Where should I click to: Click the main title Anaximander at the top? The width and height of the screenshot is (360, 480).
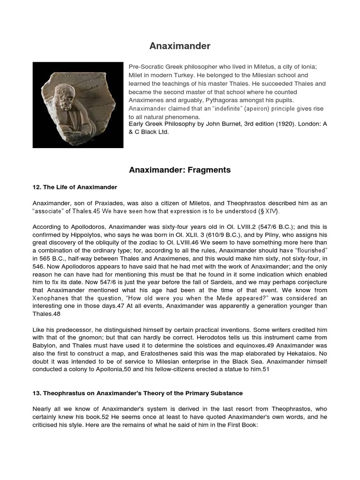180,46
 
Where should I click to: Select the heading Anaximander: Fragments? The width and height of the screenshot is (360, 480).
180,170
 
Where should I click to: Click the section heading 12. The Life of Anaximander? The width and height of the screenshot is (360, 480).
75,187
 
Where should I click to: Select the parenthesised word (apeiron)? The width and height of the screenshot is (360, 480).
244,108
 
